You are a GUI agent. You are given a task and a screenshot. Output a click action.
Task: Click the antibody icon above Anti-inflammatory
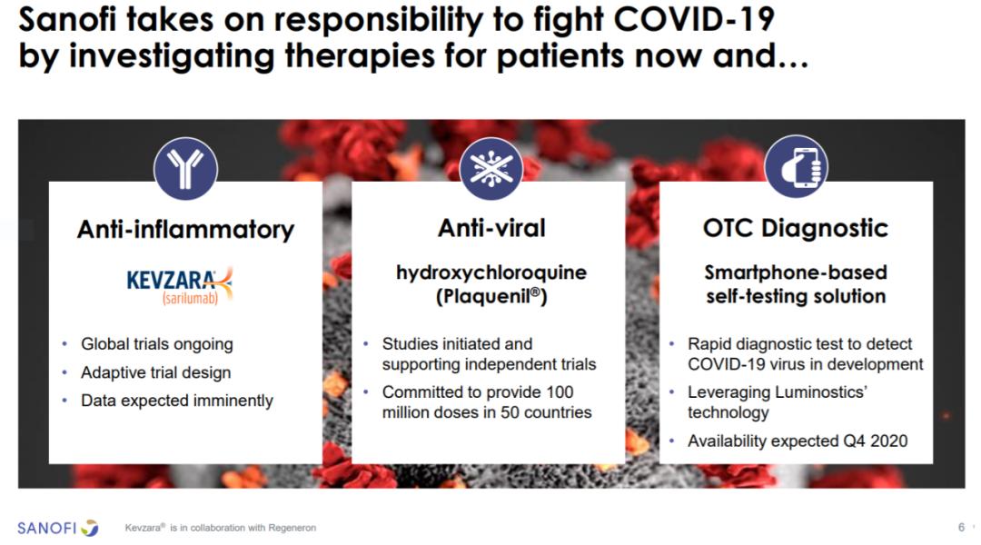[x=186, y=169]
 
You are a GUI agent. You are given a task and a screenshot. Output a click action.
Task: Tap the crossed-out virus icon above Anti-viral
[x=491, y=169]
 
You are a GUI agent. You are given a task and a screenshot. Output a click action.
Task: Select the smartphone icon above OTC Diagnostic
[x=796, y=167]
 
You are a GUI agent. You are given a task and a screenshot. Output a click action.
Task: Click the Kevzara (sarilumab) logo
[x=180, y=286]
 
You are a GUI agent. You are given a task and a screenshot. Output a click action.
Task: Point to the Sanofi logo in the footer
[x=57, y=528]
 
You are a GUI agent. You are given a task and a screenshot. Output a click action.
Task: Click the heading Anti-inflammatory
[x=186, y=230]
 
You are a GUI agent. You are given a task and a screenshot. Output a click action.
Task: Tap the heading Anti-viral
[x=491, y=228]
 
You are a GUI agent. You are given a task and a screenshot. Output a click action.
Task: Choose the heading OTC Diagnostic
[x=796, y=228]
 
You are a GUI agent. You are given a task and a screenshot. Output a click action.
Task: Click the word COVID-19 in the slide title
[x=694, y=19]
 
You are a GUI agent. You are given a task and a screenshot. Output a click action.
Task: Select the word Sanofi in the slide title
[x=67, y=19]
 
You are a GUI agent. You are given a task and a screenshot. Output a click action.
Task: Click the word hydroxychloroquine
[x=491, y=273]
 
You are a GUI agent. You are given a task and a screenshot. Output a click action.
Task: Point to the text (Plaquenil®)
[x=491, y=297]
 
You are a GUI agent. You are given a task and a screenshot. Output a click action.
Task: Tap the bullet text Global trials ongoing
[x=157, y=344]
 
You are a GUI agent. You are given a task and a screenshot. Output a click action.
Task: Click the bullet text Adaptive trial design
[x=156, y=372]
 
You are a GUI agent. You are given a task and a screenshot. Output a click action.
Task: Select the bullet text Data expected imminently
[x=177, y=401]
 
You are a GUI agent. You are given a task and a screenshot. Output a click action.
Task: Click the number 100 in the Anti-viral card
[x=560, y=392]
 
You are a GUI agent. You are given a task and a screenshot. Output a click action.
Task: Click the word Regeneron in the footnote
[x=292, y=528]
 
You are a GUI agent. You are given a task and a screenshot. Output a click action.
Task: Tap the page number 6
[x=961, y=528]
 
